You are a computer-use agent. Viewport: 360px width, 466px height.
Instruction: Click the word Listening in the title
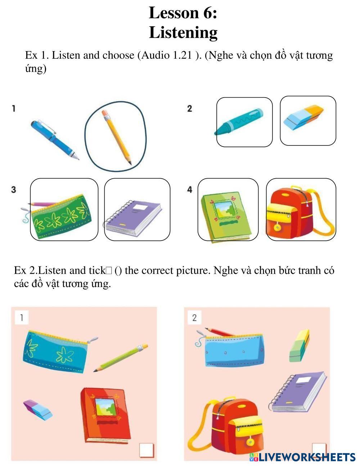183,33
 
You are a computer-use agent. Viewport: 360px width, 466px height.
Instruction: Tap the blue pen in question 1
55,140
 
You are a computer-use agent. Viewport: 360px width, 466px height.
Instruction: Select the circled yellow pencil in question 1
117,138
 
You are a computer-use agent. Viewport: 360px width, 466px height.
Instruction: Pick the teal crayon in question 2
239,122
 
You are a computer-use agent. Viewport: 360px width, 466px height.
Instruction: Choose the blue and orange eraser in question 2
303,117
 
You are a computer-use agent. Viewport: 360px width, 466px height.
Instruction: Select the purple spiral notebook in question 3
133,218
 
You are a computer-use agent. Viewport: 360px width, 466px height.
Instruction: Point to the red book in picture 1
105,415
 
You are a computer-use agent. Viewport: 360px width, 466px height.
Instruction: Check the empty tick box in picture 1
147,450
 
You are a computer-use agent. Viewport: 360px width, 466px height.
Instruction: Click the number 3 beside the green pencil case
14,189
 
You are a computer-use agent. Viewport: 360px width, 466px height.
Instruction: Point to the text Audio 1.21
166,55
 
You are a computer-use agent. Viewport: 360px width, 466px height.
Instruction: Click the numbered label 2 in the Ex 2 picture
194,318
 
